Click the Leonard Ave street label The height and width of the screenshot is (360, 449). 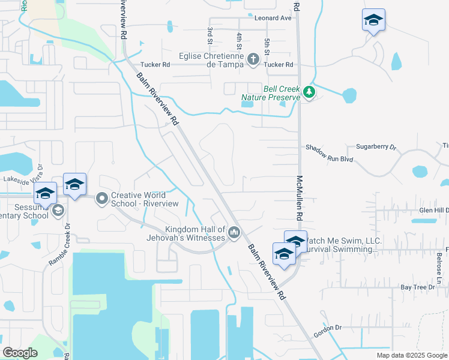(x=273, y=18)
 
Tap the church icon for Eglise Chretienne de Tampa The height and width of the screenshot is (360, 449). (x=253, y=59)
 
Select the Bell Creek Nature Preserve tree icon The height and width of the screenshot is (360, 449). (x=309, y=92)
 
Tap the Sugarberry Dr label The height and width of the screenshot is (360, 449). (x=377, y=146)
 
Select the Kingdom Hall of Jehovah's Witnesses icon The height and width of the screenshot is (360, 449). (x=234, y=232)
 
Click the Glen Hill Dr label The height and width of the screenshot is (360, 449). (x=433, y=210)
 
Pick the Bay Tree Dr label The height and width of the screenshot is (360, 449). (x=417, y=288)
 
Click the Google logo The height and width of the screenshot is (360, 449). (x=20, y=353)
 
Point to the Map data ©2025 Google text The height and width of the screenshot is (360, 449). (x=412, y=355)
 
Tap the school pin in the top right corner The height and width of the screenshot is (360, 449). (x=373, y=20)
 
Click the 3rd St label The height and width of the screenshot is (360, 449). (x=210, y=35)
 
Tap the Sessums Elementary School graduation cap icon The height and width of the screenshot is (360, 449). (x=58, y=210)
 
